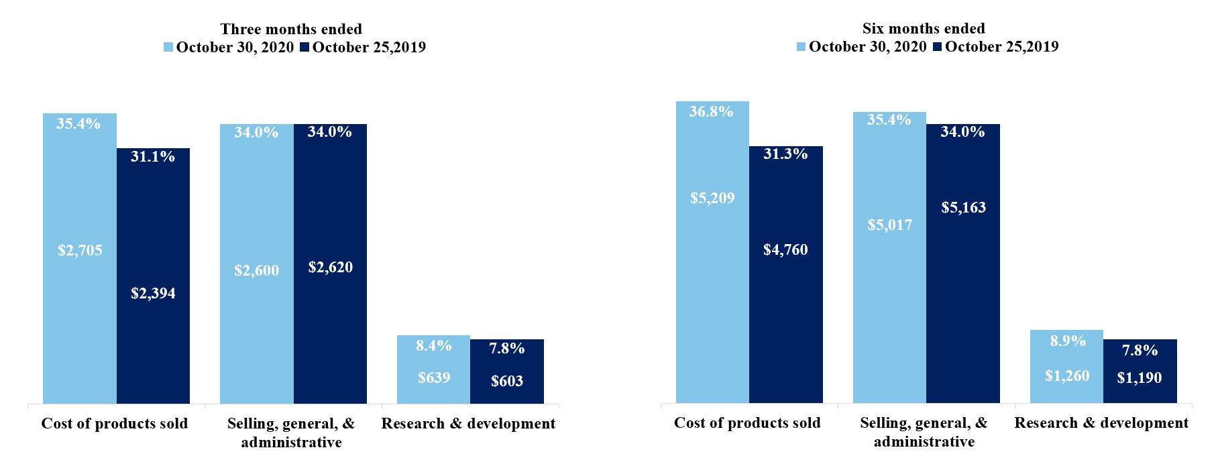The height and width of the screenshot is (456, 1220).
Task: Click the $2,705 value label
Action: (x=80, y=251)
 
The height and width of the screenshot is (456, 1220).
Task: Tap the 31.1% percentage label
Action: (x=153, y=157)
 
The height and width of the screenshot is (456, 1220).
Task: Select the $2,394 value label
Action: (x=153, y=294)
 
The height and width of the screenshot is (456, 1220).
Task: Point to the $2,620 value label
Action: (x=330, y=268)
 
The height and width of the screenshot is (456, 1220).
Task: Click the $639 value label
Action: (x=434, y=378)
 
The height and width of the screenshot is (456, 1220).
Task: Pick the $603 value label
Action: (x=507, y=382)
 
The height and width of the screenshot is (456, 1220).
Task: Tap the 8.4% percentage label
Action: (x=434, y=346)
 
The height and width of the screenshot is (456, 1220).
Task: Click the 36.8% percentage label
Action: (x=712, y=112)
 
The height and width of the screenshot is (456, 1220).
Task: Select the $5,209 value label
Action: (x=712, y=198)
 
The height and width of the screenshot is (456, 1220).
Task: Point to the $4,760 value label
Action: (x=785, y=250)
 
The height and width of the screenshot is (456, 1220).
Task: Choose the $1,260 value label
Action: (x=1066, y=376)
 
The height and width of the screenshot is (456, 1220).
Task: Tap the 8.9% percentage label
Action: (x=1067, y=341)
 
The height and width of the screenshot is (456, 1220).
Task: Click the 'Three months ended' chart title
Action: (x=291, y=30)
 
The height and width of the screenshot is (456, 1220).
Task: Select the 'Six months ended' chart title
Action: (x=924, y=29)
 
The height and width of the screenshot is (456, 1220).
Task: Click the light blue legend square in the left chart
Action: (x=169, y=48)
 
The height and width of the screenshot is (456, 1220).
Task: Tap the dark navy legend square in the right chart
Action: (x=938, y=47)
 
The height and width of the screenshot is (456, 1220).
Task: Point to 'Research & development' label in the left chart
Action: (x=468, y=424)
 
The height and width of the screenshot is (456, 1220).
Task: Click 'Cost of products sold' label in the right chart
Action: (x=747, y=423)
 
